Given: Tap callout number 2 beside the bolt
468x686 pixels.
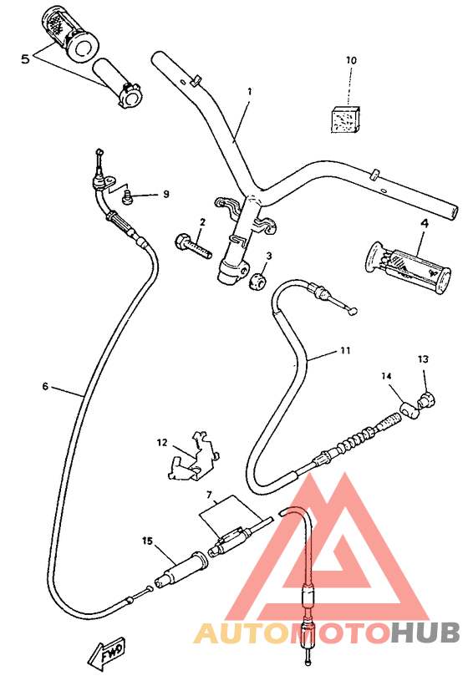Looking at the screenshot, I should tap(202, 222).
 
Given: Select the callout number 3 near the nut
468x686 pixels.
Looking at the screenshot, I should tap(269, 256).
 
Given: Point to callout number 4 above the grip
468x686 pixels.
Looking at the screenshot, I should tap(424, 223).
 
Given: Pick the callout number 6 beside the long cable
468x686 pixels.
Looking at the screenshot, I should tap(44, 386).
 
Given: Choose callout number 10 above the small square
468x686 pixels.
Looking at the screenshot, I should tap(351, 61).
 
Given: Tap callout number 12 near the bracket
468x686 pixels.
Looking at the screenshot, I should tap(162, 441).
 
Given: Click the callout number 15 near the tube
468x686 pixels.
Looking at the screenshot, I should tap(148, 541).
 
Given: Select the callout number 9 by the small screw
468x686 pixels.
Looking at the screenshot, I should tap(165, 194).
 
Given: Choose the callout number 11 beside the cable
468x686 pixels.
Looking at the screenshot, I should tap(344, 353).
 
